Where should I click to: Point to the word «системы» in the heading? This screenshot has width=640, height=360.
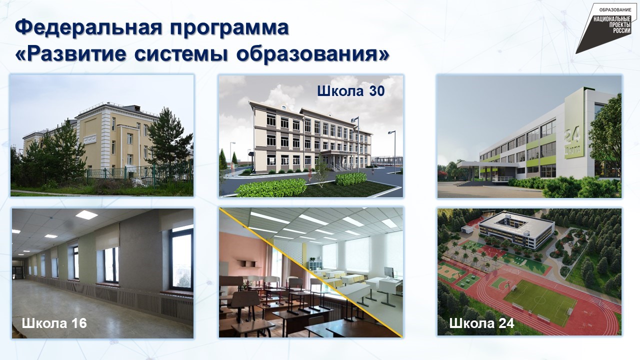181,54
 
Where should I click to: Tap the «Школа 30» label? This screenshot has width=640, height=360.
351,91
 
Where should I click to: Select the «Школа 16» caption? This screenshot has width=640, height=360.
54,323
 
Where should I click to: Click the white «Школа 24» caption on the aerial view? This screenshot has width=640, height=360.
481,323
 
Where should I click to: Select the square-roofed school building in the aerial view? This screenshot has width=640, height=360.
516,228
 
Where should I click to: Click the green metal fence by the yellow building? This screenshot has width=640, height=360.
139,173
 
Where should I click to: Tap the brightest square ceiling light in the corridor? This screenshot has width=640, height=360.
86,214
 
